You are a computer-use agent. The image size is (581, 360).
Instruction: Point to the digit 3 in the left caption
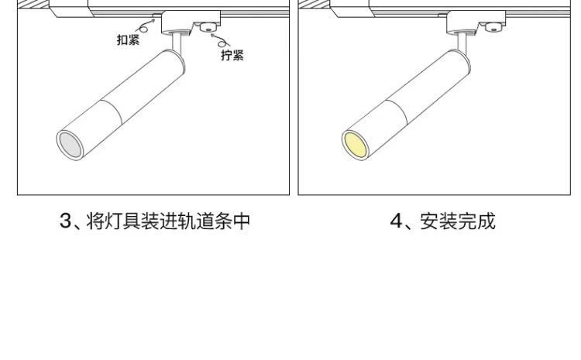(x=66, y=222)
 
